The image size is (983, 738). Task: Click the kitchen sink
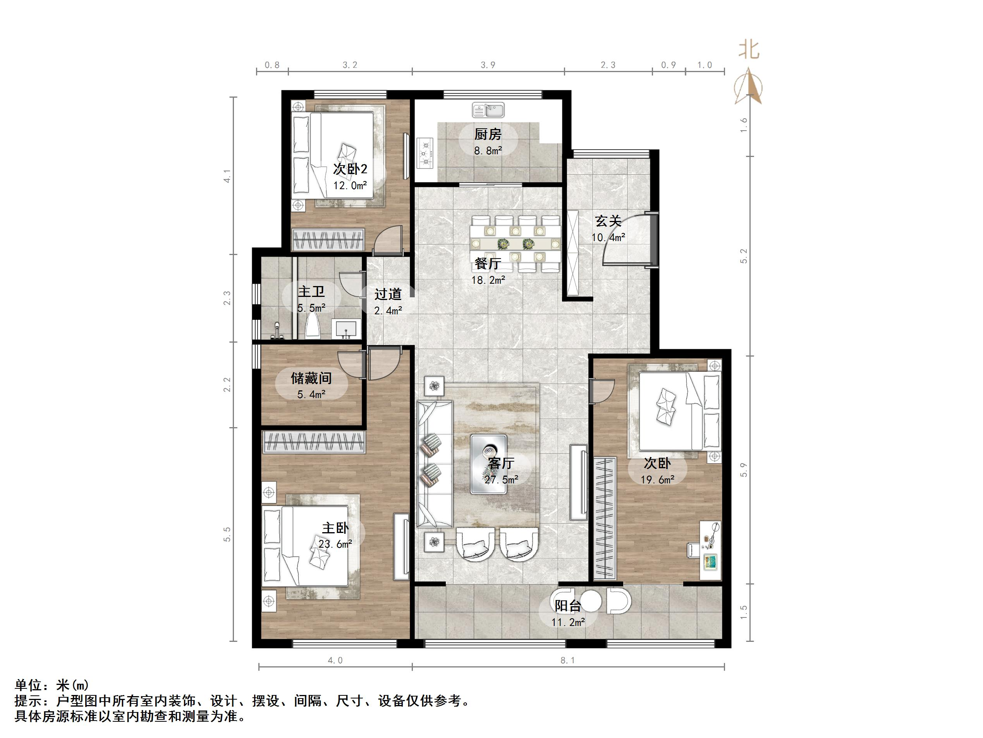click(488, 109)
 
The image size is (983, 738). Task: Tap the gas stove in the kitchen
click(425, 153)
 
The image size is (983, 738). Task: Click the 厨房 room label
click(488, 134)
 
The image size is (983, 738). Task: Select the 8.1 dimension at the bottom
click(567, 660)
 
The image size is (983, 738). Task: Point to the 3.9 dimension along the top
click(488, 65)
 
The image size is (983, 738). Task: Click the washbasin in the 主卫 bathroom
click(346, 329)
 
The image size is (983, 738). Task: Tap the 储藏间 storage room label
click(311, 378)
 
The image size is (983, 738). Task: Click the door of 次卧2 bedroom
click(388, 240)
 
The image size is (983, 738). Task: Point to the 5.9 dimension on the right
click(744, 470)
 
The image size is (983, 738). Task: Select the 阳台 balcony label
click(567, 606)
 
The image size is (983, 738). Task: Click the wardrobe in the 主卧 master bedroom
click(314, 442)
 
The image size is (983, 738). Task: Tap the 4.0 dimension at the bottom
click(335, 660)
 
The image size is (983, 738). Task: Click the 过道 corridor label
click(388, 294)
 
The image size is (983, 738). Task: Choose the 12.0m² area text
click(350, 186)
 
